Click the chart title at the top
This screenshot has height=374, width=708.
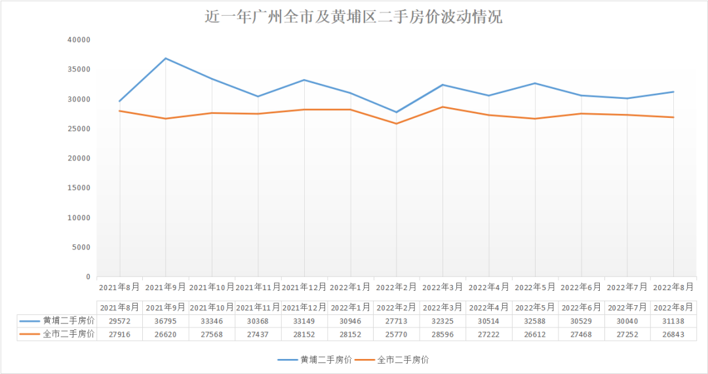coord(354,16)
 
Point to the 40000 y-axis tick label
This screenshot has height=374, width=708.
coord(79,40)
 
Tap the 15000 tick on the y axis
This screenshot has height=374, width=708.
coord(79,188)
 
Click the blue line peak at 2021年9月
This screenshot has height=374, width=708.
coord(165,58)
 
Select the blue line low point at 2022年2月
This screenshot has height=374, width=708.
coord(396,112)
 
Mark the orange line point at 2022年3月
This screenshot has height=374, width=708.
coord(442,107)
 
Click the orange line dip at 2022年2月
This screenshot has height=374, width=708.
coord(396,124)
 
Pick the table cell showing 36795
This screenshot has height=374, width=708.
coord(165,320)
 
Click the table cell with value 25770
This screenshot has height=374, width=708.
coord(396,334)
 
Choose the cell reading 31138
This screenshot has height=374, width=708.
coord(673,320)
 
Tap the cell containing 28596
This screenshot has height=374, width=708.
coord(442,334)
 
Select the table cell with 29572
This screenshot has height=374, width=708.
coord(119,320)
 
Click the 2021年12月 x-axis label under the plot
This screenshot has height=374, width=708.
coord(304,287)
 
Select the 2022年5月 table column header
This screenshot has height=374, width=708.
coord(535,307)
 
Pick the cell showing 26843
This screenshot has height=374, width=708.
coord(673,334)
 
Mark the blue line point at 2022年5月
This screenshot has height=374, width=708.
coord(535,83)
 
